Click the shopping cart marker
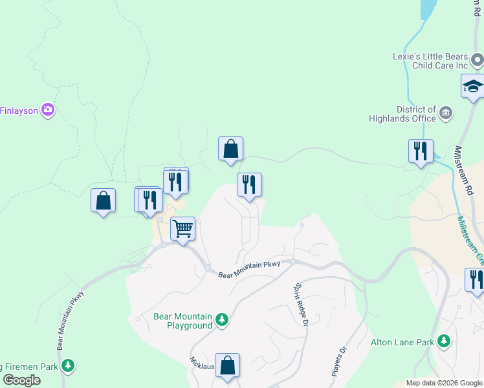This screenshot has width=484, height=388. (x=183, y=229)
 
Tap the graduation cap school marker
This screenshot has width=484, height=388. (x=472, y=86)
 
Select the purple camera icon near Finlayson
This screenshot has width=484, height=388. (x=47, y=110)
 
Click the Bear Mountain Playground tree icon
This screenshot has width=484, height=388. (x=222, y=319)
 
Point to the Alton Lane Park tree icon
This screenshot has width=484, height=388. (x=443, y=340)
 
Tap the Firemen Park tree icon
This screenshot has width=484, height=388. (x=68, y=366)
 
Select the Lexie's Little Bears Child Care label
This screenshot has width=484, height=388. (x=430, y=61)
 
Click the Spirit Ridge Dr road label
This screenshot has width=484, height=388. (x=300, y=305)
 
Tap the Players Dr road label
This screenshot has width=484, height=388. (x=339, y=361)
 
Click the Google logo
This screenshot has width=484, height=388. (x=22, y=380)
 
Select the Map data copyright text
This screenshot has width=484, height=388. (x=444, y=383)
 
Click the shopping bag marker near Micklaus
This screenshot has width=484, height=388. (x=227, y=365)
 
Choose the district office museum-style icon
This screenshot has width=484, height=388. (x=445, y=114)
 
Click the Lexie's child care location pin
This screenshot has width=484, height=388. (x=478, y=61)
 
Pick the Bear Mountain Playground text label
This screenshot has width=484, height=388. (x=182, y=321)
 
